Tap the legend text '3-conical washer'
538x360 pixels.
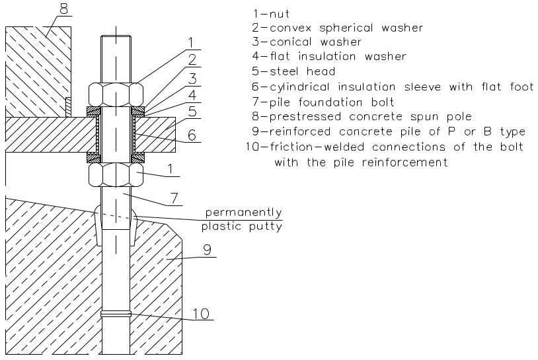tap(307, 42)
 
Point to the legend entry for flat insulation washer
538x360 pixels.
tap(328, 57)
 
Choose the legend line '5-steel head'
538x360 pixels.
tap(294, 71)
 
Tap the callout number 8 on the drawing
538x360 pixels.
tap(63, 9)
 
